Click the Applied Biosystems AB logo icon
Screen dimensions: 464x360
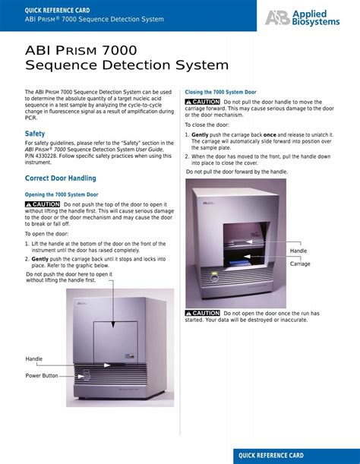click(x=276, y=17)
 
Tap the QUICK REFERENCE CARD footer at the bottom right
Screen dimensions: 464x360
click(x=271, y=456)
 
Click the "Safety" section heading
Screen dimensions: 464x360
click(x=35, y=134)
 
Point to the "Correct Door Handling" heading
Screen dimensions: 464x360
click(x=61, y=178)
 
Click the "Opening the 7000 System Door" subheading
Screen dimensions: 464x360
click(x=62, y=194)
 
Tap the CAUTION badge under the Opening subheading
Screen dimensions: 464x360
click(x=43, y=204)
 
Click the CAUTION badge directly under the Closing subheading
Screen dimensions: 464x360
click(x=202, y=102)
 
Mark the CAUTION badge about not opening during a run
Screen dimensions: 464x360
click(x=202, y=313)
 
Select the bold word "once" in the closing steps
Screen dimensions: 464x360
click(x=269, y=134)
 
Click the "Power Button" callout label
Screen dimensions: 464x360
click(x=42, y=376)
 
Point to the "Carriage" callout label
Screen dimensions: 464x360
click(x=300, y=264)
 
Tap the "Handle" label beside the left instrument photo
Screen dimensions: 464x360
click(x=34, y=358)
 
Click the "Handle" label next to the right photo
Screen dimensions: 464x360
click(x=298, y=251)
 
